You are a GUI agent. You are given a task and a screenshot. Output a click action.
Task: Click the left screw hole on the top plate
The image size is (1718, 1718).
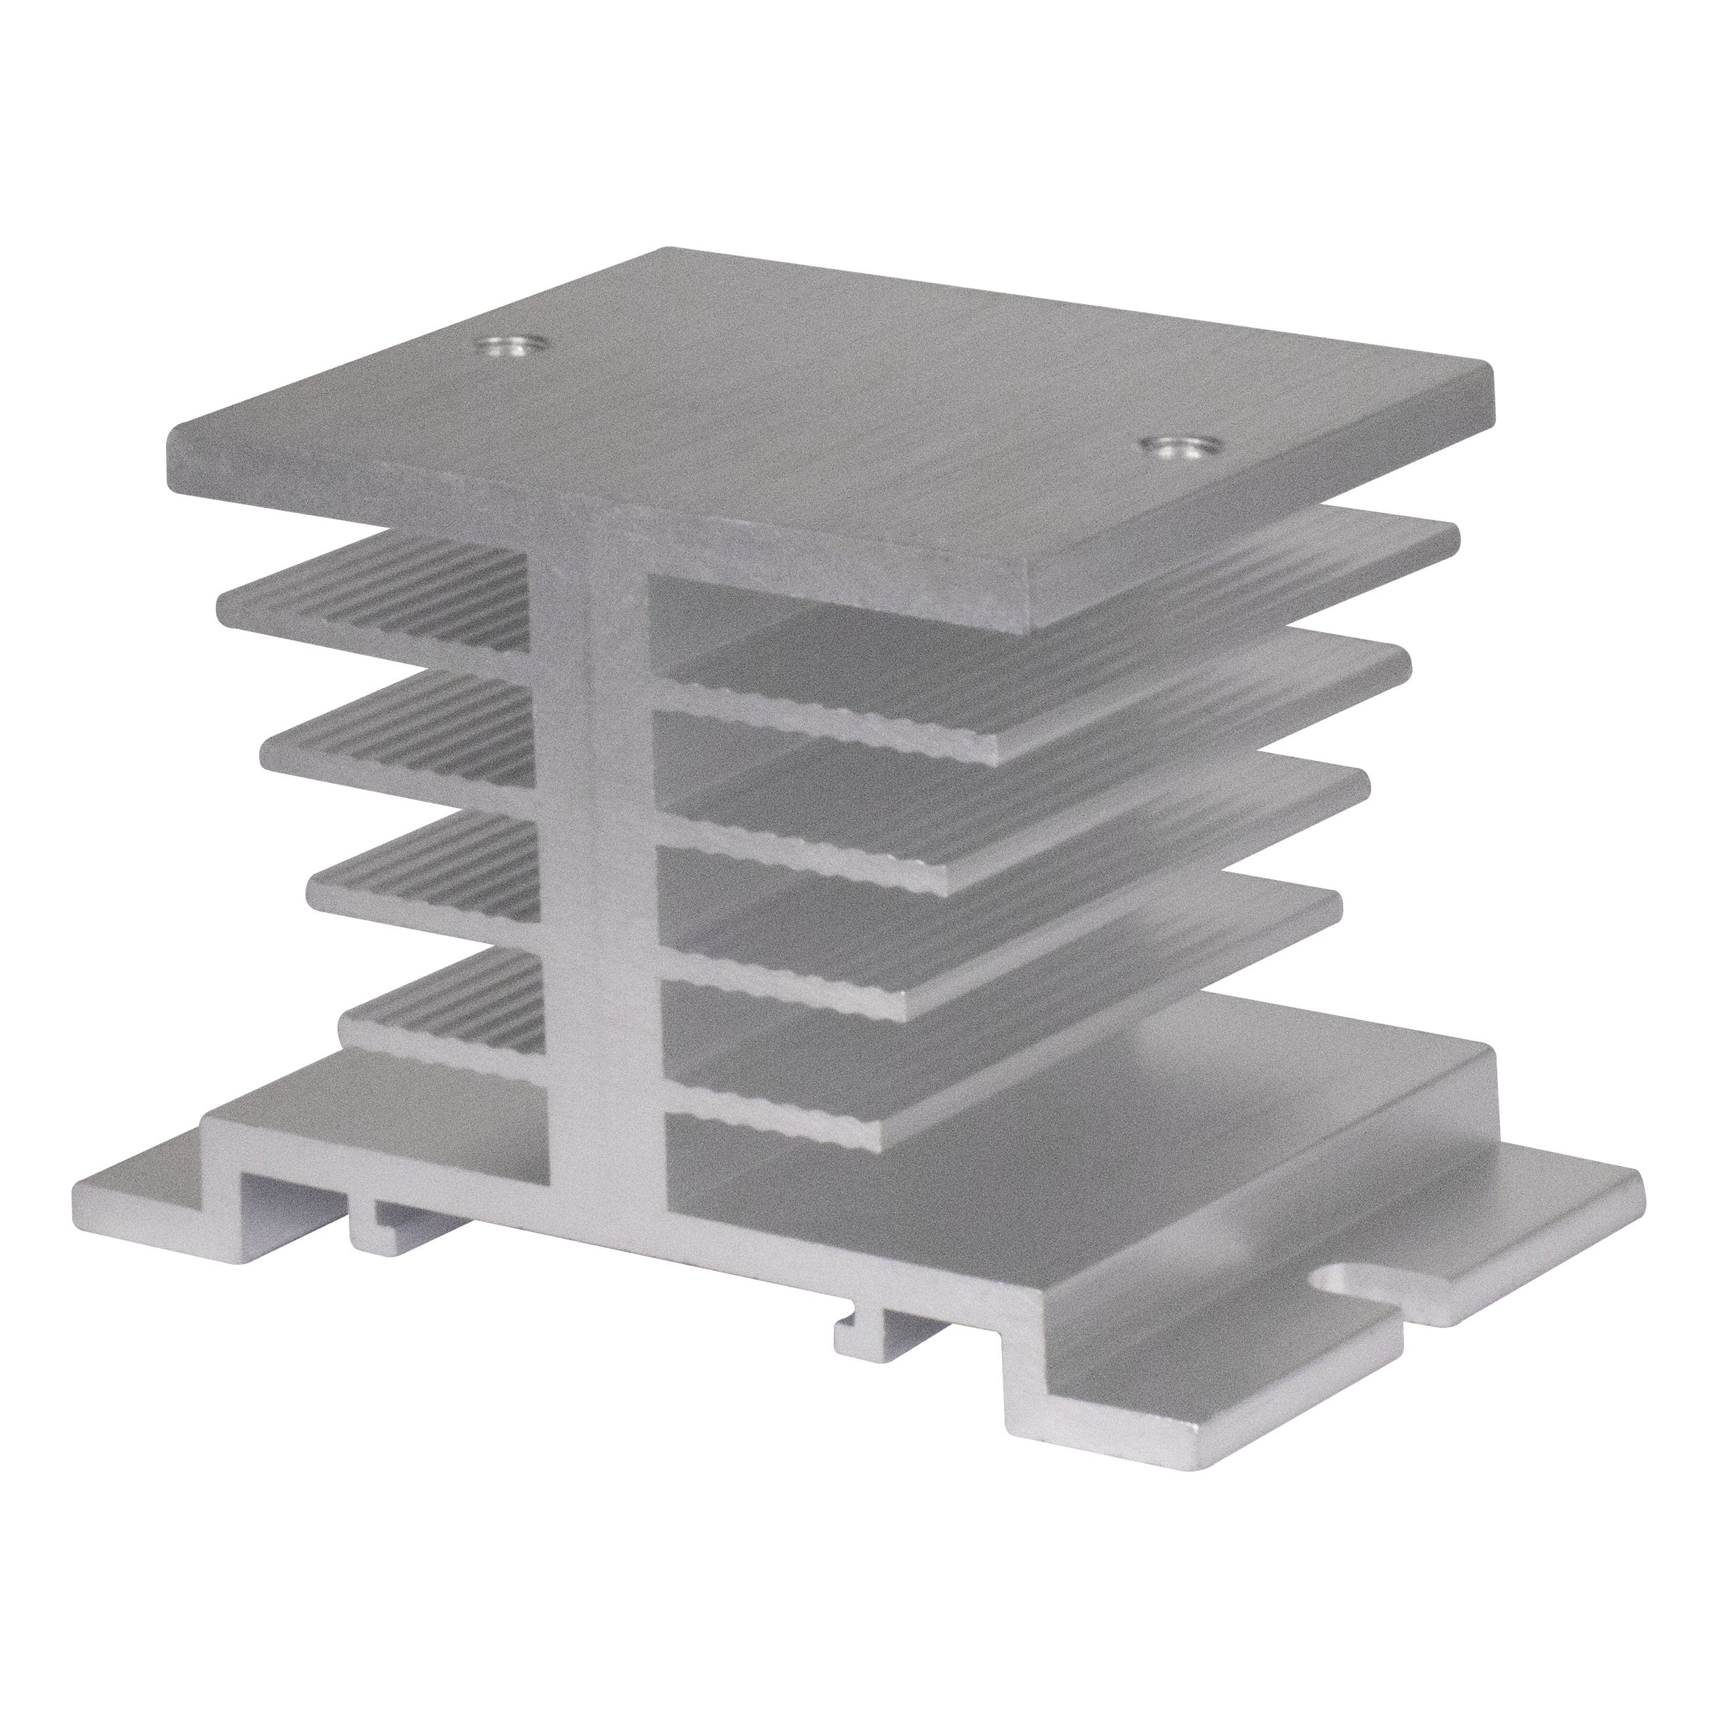click(x=509, y=347)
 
